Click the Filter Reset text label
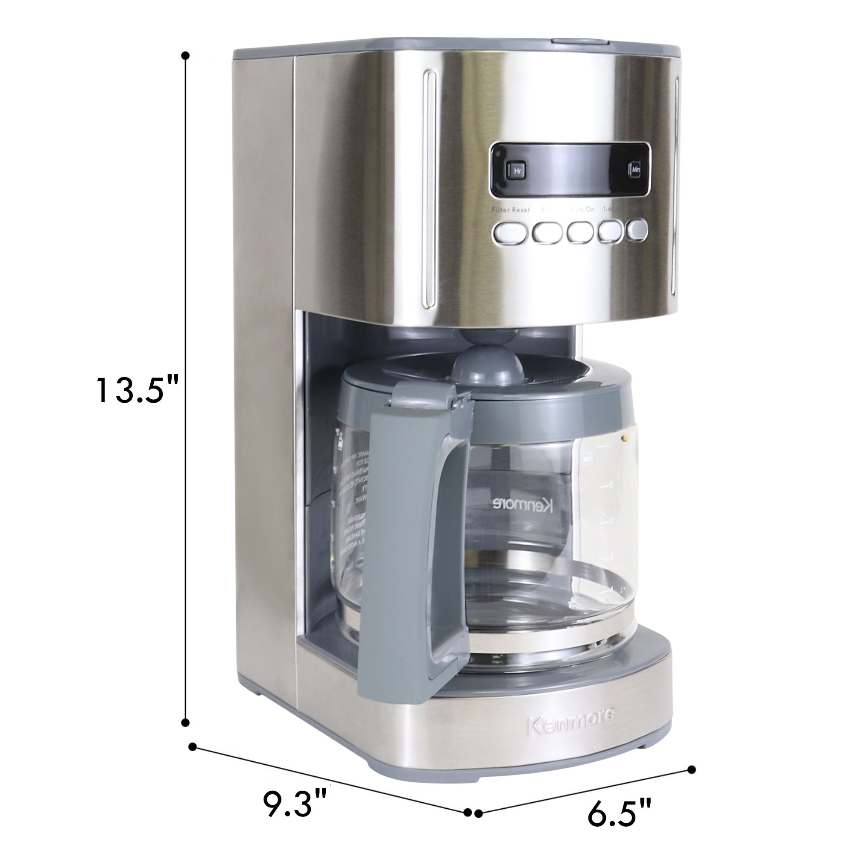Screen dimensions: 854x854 pyautogui.click(x=511, y=210)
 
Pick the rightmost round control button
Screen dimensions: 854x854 pyautogui.click(x=638, y=230)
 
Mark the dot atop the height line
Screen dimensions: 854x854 pyautogui.click(x=186, y=56)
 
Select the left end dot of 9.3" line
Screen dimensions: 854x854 pyautogui.click(x=192, y=746)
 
